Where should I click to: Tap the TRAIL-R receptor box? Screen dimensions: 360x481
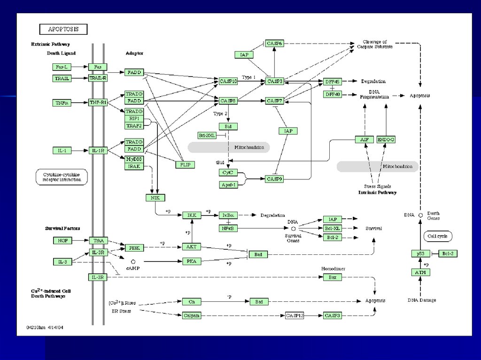(98, 78)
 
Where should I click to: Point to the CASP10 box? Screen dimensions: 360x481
(229, 81)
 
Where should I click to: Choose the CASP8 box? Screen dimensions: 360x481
(229, 100)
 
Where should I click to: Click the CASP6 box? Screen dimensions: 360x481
(274, 44)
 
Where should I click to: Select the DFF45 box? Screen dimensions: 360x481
(332, 82)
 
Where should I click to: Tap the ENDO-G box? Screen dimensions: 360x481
(386, 139)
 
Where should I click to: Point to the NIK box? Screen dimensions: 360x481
(155, 198)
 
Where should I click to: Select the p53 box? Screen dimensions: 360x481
(420, 253)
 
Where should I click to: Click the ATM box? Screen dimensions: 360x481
(420, 272)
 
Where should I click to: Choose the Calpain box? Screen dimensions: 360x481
(192, 315)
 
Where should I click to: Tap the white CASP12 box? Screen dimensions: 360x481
(295, 315)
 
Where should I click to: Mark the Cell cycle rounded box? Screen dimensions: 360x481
(437, 236)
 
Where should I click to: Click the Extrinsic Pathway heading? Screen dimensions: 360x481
(50, 44)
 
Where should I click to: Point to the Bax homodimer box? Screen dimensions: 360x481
(333, 277)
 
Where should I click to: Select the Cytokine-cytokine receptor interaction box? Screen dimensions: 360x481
(62, 177)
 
